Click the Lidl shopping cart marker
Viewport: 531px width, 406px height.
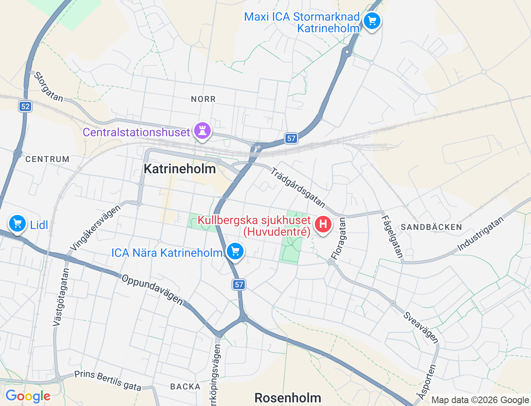click(x=17, y=224)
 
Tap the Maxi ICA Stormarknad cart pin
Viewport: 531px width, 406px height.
click(x=372, y=21)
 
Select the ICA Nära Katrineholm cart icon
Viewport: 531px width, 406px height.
click(x=235, y=251)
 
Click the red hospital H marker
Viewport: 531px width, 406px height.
click(x=323, y=225)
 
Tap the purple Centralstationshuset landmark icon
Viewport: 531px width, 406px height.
click(x=202, y=131)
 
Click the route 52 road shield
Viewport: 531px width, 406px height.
click(x=25, y=106)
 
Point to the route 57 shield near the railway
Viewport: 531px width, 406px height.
click(x=292, y=138)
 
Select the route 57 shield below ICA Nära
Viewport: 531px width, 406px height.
click(x=239, y=285)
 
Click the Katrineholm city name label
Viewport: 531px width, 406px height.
click(x=180, y=169)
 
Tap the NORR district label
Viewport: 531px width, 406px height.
click(x=203, y=99)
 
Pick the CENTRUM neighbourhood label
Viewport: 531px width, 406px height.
click(x=47, y=159)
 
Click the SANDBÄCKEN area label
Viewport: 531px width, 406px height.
click(x=431, y=227)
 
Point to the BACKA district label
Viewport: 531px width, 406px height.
click(x=185, y=387)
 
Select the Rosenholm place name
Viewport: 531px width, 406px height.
click(x=287, y=398)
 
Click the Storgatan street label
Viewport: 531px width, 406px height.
click(x=48, y=87)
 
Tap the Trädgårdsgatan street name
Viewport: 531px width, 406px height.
click(x=298, y=187)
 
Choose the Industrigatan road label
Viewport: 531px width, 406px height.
click(x=480, y=234)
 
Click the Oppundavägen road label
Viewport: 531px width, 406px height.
click(x=152, y=289)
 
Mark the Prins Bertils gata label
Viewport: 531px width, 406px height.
click(x=108, y=380)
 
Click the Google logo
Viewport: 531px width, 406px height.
click(x=28, y=396)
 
